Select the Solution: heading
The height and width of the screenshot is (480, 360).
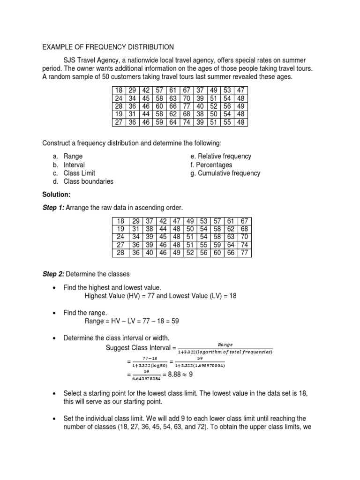[57, 194]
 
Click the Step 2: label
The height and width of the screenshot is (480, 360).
[54, 274]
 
